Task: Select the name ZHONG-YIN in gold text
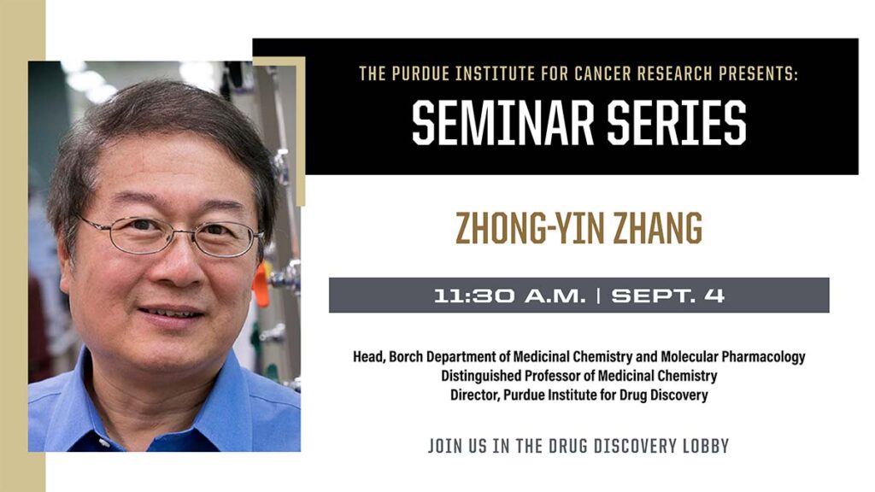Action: pos(522,228)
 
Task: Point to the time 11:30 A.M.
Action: pos(510,296)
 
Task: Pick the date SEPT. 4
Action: pos(668,296)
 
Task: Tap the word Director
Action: pos(474,395)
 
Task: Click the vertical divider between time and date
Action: pos(599,296)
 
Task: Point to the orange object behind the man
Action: pos(261,285)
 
